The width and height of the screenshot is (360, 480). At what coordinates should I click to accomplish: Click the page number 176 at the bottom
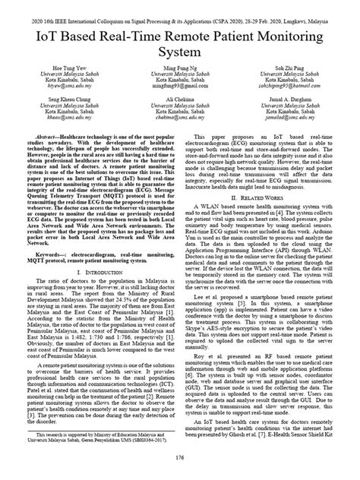(x=180, y=458)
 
